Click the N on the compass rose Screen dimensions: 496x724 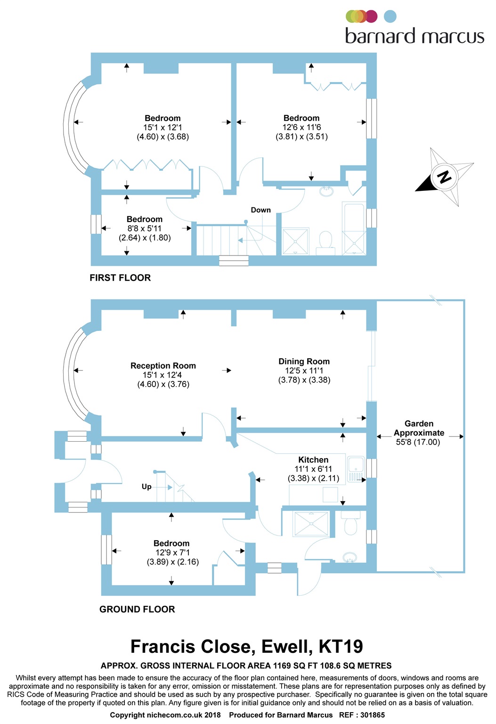click(444, 176)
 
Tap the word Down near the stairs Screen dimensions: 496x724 click(260, 210)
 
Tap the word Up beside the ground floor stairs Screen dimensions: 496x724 click(146, 487)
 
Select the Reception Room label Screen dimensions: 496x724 click(163, 366)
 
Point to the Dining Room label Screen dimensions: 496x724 click(304, 362)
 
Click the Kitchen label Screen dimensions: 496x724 click(313, 460)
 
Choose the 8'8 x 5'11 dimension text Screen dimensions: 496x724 click(144, 229)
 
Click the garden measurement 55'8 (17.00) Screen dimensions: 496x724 click(418, 442)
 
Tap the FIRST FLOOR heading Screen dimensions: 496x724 click(120, 278)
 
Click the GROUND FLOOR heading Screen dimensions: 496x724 click(137, 609)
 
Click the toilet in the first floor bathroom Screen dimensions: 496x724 click(325, 243)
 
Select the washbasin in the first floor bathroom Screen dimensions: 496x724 click(327, 191)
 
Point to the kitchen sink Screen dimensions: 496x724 click(356, 469)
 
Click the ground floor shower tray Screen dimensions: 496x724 click(311, 524)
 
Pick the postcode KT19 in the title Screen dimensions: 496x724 click(341, 646)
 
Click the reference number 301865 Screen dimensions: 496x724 click(372, 715)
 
